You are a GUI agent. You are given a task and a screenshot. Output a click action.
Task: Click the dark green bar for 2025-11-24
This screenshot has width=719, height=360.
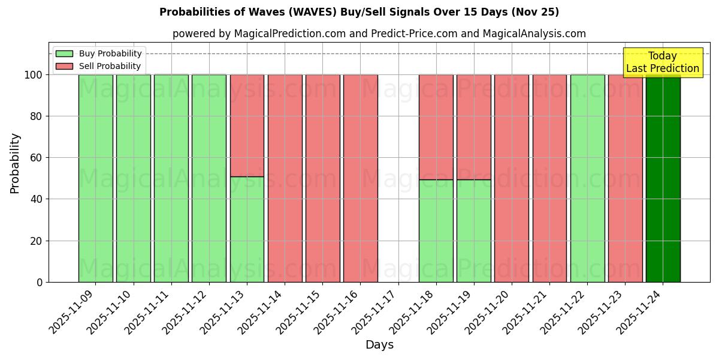(663, 180)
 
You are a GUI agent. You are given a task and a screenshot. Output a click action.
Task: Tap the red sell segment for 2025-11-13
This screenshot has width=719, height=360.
(247, 125)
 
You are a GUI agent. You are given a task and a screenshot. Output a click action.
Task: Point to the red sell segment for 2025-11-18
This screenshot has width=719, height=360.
(436, 127)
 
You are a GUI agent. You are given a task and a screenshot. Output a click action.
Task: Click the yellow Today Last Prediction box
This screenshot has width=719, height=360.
(663, 62)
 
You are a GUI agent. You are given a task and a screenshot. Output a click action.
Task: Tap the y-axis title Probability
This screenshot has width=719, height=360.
(15, 163)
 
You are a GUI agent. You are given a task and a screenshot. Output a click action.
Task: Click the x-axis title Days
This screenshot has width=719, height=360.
(379, 345)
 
